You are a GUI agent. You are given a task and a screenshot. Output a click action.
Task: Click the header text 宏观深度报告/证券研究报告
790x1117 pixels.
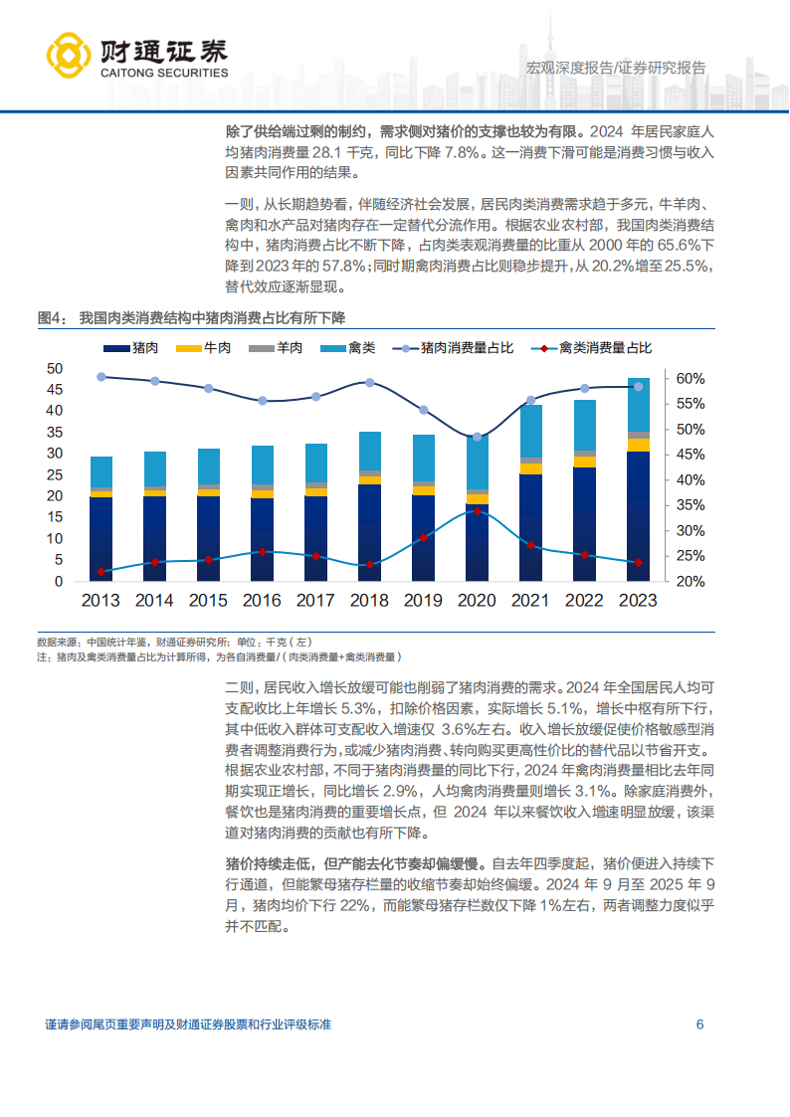(x=615, y=68)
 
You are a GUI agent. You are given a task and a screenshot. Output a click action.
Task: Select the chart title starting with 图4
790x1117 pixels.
(x=191, y=318)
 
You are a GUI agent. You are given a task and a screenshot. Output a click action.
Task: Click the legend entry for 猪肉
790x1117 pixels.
(x=133, y=347)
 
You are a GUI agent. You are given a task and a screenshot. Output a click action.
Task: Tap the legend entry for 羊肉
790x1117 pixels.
(x=276, y=347)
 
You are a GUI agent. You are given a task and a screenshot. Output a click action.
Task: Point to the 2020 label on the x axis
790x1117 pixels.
(x=477, y=601)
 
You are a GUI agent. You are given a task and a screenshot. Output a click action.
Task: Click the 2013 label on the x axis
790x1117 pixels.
(x=100, y=601)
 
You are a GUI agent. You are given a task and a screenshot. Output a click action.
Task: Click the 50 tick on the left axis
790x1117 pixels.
(x=55, y=368)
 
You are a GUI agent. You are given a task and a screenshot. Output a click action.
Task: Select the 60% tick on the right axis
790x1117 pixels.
(x=691, y=379)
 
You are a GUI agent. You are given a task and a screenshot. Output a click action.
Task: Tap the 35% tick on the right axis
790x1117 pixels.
(x=691, y=505)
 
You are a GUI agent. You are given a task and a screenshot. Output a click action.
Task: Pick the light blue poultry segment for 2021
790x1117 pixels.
(x=530, y=431)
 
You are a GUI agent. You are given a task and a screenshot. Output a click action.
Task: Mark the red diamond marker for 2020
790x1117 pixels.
(x=477, y=511)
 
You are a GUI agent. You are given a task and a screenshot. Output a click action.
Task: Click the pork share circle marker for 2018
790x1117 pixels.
(x=369, y=383)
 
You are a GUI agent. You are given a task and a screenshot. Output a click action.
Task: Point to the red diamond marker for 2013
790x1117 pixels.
(x=100, y=572)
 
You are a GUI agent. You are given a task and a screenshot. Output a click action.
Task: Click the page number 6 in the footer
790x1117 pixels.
(x=699, y=1025)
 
